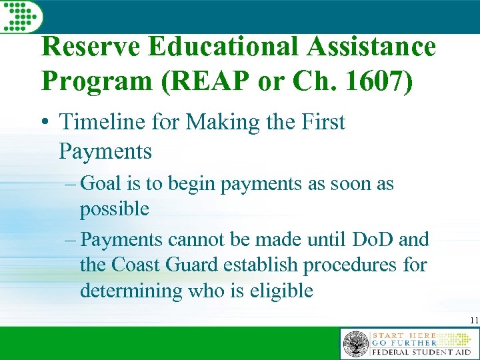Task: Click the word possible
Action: coord(114,209)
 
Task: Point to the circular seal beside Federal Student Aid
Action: coord(355,344)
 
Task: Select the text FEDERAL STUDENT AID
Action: coord(421,351)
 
